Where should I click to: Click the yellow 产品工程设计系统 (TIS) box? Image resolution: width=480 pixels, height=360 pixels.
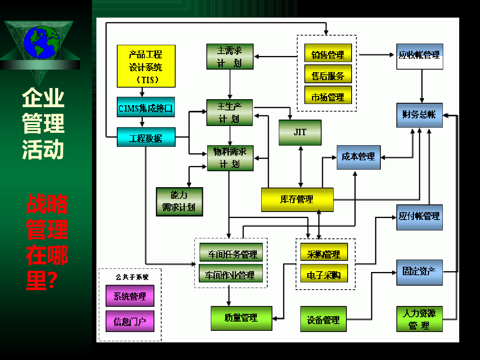[146, 66]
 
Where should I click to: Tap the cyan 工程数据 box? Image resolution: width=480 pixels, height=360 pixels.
[146, 137]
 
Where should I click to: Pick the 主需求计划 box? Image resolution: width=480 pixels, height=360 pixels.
[230, 56]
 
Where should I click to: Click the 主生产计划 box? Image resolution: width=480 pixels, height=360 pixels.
[230, 112]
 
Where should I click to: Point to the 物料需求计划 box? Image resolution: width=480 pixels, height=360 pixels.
[230, 158]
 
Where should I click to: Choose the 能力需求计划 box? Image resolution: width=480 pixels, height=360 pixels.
[179, 202]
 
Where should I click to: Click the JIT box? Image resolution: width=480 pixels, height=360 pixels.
[300, 132]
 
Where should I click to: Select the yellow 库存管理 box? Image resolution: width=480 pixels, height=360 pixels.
[297, 199]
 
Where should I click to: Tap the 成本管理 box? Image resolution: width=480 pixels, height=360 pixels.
[358, 157]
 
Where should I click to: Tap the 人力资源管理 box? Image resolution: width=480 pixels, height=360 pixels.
[420, 319]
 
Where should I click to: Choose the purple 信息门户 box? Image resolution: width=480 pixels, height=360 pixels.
[130, 321]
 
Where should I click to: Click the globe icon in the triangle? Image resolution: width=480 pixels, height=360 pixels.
[41, 42]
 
